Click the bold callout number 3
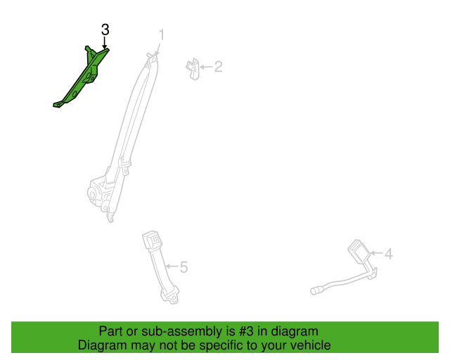coord(105,30)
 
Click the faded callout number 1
coord(162,34)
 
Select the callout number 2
coord(219,67)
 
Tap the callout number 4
coord(389,254)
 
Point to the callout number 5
coord(184,267)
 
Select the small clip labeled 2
coord(193,69)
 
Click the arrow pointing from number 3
coord(105,42)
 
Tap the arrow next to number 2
coord(206,67)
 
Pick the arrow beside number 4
coord(376,253)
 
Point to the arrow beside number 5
coord(172,266)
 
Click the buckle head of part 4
coord(359,251)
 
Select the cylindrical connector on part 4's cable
coord(316,290)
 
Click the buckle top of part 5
coord(152,240)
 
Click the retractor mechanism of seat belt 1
coord(99,194)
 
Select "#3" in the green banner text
coord(246,332)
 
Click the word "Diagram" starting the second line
coord(102,345)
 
